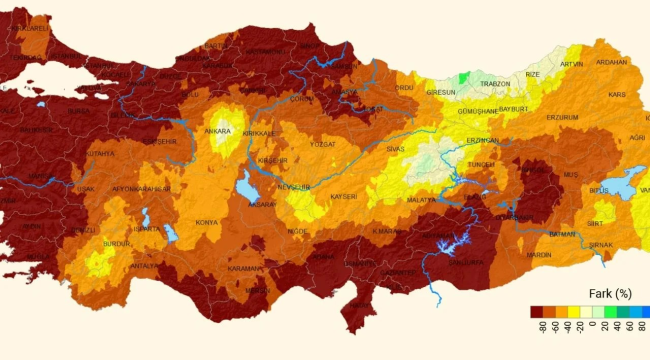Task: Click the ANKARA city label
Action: pyautogui.click(x=217, y=130)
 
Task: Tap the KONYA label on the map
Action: pyautogui.click(x=207, y=222)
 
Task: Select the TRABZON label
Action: pyautogui.click(x=495, y=83)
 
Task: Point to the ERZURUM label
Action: pyautogui.click(x=563, y=117)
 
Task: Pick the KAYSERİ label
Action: pyautogui.click(x=342, y=197)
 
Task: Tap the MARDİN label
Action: pyautogui.click(x=539, y=254)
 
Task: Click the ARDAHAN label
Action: pyautogui.click(x=612, y=62)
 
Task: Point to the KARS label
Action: pyautogui.click(x=617, y=95)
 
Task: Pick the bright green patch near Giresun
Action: pyautogui.click(x=463, y=77)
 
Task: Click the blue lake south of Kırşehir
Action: pyautogui.click(x=247, y=185)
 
